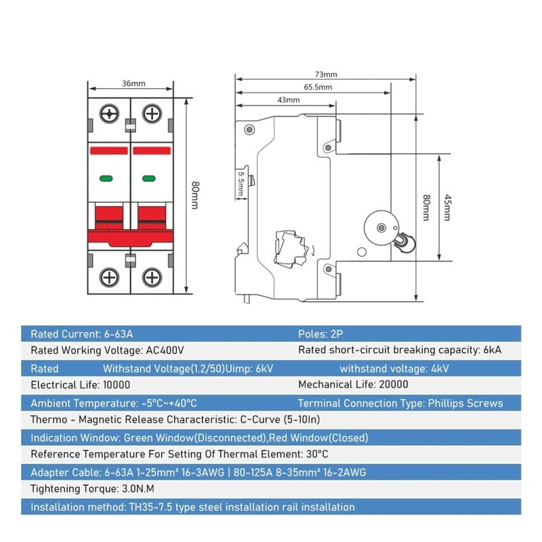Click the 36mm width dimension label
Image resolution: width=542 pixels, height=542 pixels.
pos(133,83)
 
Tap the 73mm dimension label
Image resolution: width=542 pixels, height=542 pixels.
pos(326,75)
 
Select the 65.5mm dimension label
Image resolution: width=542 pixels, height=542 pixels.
pos(318,87)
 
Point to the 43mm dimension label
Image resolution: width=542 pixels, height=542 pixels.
pos(289,100)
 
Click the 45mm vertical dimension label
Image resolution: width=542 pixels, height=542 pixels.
pos(447,207)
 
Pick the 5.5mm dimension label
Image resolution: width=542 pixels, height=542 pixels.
pos(241,184)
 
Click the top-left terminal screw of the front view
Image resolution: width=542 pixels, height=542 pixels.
pos(109,114)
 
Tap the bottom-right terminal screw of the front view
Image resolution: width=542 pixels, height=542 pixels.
pos(152,277)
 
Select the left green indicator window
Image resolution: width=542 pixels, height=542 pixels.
pos(106,178)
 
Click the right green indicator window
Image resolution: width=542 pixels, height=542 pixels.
pos(148,178)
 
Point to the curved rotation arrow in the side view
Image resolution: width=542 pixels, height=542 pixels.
pos(313,250)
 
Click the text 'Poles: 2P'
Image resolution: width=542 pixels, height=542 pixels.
pos(320,334)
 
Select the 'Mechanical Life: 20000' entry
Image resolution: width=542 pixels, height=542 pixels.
pos(353,384)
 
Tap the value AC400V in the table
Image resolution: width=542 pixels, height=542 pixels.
pos(165,350)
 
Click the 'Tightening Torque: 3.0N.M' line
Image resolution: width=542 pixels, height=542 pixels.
pos(92,488)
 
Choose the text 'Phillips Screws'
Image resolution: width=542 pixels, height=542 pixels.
pos(465,403)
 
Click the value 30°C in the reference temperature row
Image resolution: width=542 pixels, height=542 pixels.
pos(317,454)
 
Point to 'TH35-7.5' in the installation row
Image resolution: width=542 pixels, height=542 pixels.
pos(150,507)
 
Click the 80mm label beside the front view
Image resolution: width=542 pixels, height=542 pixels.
pos(195,195)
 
